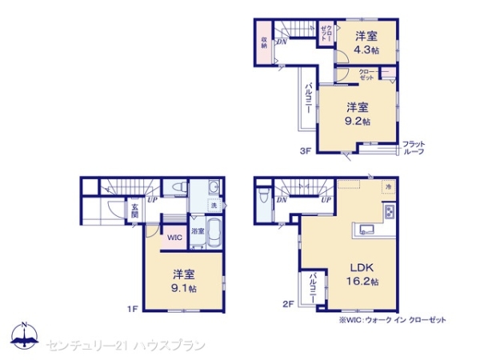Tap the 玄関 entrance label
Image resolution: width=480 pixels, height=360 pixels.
click(x=135, y=211)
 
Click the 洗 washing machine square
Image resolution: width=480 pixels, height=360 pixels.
click(x=213, y=205)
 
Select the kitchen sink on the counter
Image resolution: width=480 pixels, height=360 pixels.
click(x=367, y=227)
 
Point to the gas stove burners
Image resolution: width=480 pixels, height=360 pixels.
click(x=390, y=213)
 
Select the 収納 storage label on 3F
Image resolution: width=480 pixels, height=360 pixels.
click(x=263, y=42)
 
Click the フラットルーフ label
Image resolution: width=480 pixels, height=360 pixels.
click(x=414, y=147)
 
